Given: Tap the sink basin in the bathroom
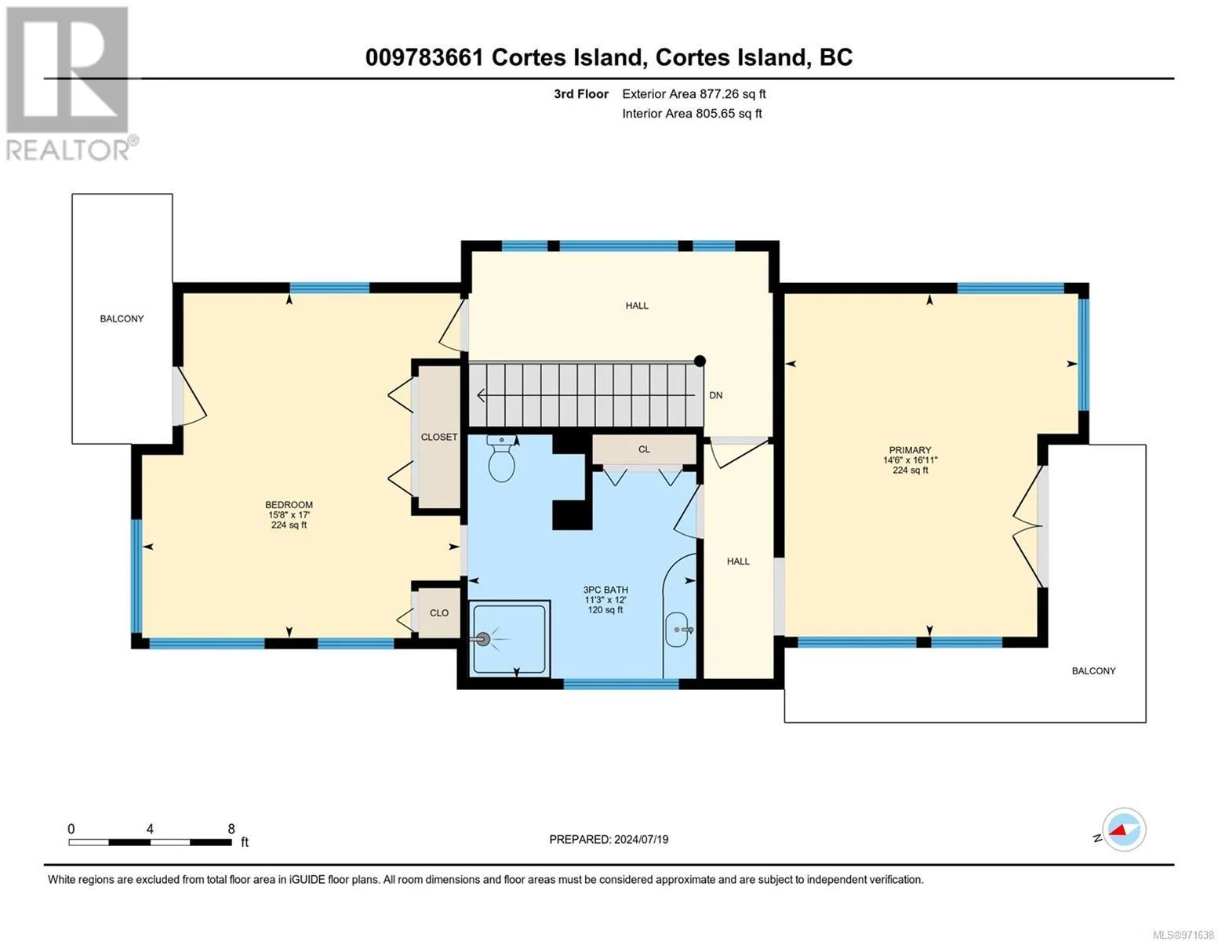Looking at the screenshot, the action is (x=678, y=630).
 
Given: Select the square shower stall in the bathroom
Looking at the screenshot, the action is (x=510, y=638).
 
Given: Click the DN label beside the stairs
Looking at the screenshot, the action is (x=716, y=395).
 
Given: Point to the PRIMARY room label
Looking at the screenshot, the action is (x=910, y=450).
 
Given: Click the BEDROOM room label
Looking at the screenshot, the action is (x=289, y=504).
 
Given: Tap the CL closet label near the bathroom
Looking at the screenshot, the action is (x=644, y=449).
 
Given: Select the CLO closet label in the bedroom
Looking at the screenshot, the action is (x=439, y=612).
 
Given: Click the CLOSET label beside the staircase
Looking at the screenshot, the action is (x=439, y=437).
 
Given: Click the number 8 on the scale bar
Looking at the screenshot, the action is (x=231, y=828).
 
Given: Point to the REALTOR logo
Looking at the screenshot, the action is (x=70, y=83).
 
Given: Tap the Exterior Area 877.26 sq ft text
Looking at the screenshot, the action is (x=694, y=94).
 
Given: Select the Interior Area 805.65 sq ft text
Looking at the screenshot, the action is (x=693, y=113).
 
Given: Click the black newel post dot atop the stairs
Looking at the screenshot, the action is (x=700, y=362).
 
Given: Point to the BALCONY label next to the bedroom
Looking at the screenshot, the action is (x=122, y=318).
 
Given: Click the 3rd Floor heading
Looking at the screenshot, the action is (x=581, y=94).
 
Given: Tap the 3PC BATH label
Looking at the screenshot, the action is (x=605, y=590).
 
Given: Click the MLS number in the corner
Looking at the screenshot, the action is (x=1180, y=934).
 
